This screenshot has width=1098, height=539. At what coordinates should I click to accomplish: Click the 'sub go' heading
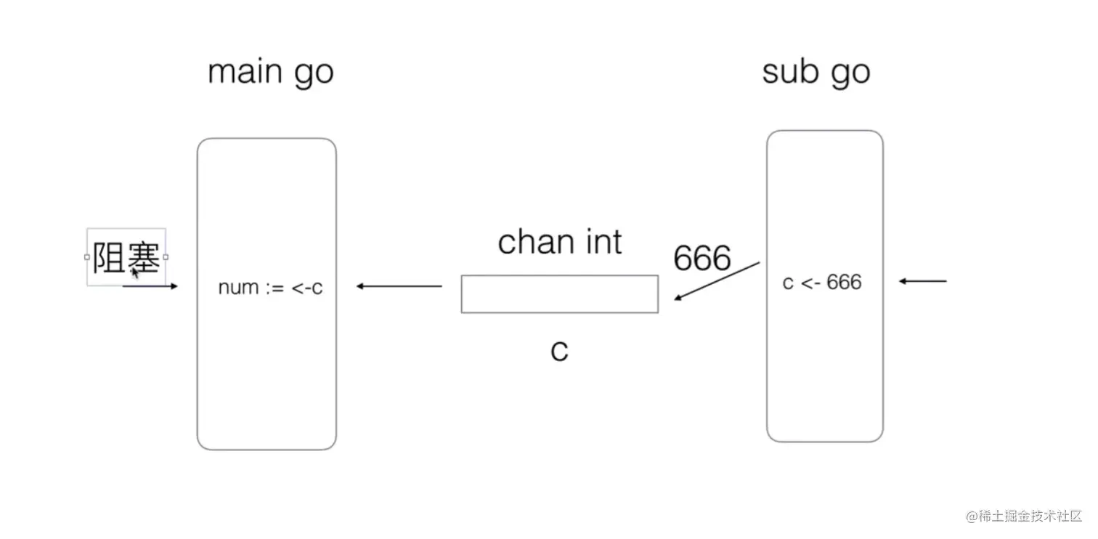816,73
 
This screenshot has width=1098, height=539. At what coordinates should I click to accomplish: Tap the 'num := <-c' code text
270,288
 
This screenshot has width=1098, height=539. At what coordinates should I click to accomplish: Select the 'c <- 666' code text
821,282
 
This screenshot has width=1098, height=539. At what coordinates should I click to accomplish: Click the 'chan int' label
559,242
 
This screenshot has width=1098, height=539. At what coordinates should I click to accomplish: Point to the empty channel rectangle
559,294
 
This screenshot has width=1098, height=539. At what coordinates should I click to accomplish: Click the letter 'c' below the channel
558,351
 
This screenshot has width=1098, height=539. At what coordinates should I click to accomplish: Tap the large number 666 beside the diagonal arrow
701,258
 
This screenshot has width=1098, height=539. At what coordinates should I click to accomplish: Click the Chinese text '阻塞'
126,258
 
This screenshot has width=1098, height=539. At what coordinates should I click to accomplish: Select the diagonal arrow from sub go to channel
717,281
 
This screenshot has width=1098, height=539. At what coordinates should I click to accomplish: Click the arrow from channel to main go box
399,286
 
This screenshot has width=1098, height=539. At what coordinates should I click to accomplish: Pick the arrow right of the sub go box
923,281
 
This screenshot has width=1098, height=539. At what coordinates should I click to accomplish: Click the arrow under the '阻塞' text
151,286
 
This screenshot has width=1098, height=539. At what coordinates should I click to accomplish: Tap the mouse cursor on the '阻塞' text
135,273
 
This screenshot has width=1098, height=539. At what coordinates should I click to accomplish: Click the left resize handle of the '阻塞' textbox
87,256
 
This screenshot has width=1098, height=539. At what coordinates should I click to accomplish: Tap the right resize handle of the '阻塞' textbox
166,256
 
